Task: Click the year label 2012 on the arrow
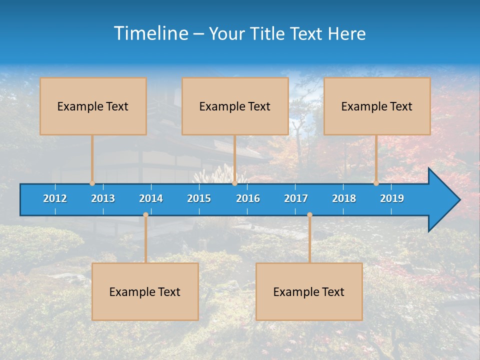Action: click(55, 198)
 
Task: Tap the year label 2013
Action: click(103, 198)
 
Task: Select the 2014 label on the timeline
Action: click(151, 198)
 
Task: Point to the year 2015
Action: click(199, 198)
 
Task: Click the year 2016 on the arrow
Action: click(248, 198)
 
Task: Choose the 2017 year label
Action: click(296, 198)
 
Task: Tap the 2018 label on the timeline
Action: click(344, 198)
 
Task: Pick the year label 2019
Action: click(392, 198)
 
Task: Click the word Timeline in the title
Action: click(150, 33)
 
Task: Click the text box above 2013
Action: click(93, 106)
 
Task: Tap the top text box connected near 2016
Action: click(235, 106)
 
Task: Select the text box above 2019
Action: click(377, 106)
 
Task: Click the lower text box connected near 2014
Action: click(145, 291)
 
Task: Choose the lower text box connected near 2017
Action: click(309, 291)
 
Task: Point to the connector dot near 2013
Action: click(92, 183)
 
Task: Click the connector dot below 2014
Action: click(145, 215)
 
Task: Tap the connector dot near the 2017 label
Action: click(309, 215)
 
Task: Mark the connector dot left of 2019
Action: click(376, 183)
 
